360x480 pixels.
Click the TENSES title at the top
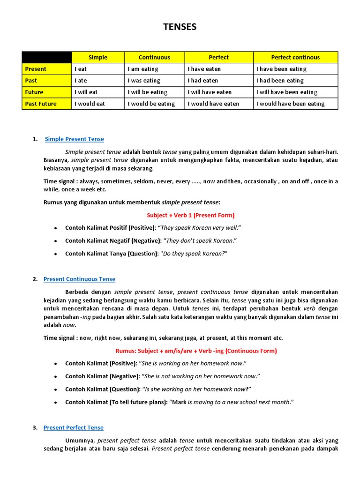point(180,27)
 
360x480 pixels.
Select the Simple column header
point(98,57)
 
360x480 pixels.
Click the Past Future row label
point(41,104)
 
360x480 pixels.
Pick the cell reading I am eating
point(143,69)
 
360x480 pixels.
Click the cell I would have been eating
point(290,104)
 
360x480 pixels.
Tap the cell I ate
point(81,81)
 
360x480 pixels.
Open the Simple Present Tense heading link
point(75,139)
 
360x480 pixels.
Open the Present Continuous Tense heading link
point(79,279)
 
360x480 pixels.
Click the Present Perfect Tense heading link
point(74,427)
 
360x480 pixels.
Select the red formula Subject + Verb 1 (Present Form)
point(191,215)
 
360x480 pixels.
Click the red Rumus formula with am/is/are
point(196,351)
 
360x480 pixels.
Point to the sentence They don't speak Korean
point(199,240)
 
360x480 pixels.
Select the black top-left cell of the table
point(46,57)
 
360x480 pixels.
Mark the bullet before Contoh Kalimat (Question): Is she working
point(56,390)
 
